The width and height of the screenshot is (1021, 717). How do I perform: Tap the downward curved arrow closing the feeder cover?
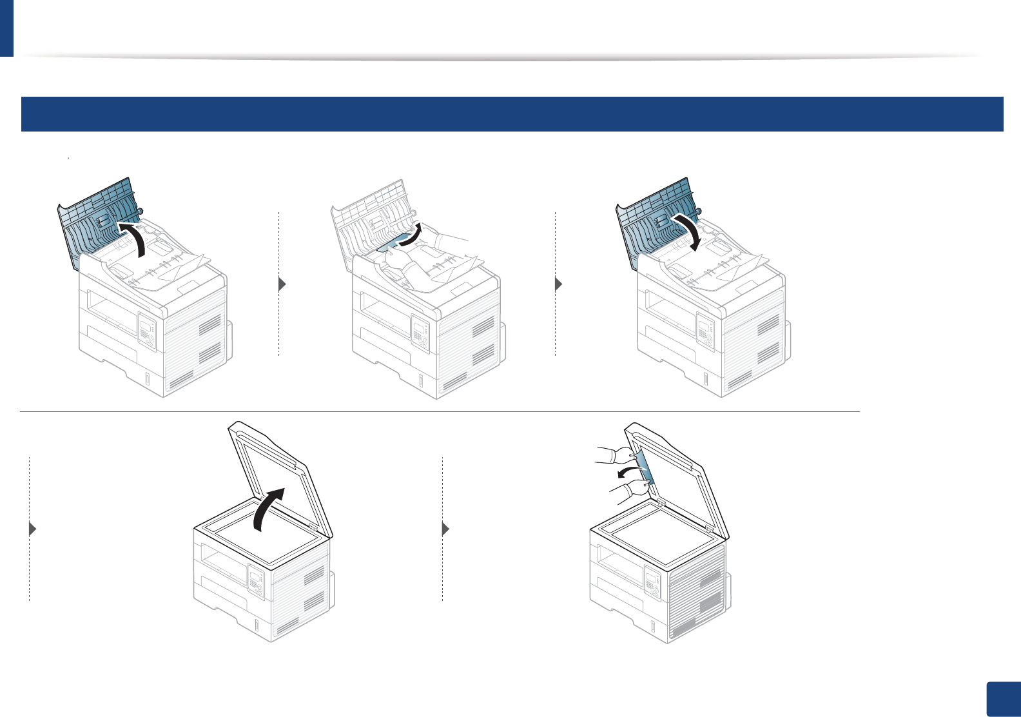(x=689, y=232)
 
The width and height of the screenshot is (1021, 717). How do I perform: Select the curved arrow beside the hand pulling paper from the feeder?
(x=411, y=235)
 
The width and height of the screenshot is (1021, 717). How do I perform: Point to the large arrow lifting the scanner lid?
(x=269, y=509)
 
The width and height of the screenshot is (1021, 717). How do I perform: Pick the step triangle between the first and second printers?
(x=282, y=284)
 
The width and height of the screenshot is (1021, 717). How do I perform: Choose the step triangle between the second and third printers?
(x=559, y=284)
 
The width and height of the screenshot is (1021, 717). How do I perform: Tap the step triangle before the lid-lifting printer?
(x=33, y=529)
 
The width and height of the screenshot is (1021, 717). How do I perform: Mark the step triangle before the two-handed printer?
(x=445, y=529)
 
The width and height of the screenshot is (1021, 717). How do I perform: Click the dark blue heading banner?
(x=512, y=114)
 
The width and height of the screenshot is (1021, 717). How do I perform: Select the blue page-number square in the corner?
(x=1003, y=699)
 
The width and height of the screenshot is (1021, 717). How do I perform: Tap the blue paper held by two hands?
(x=645, y=467)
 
